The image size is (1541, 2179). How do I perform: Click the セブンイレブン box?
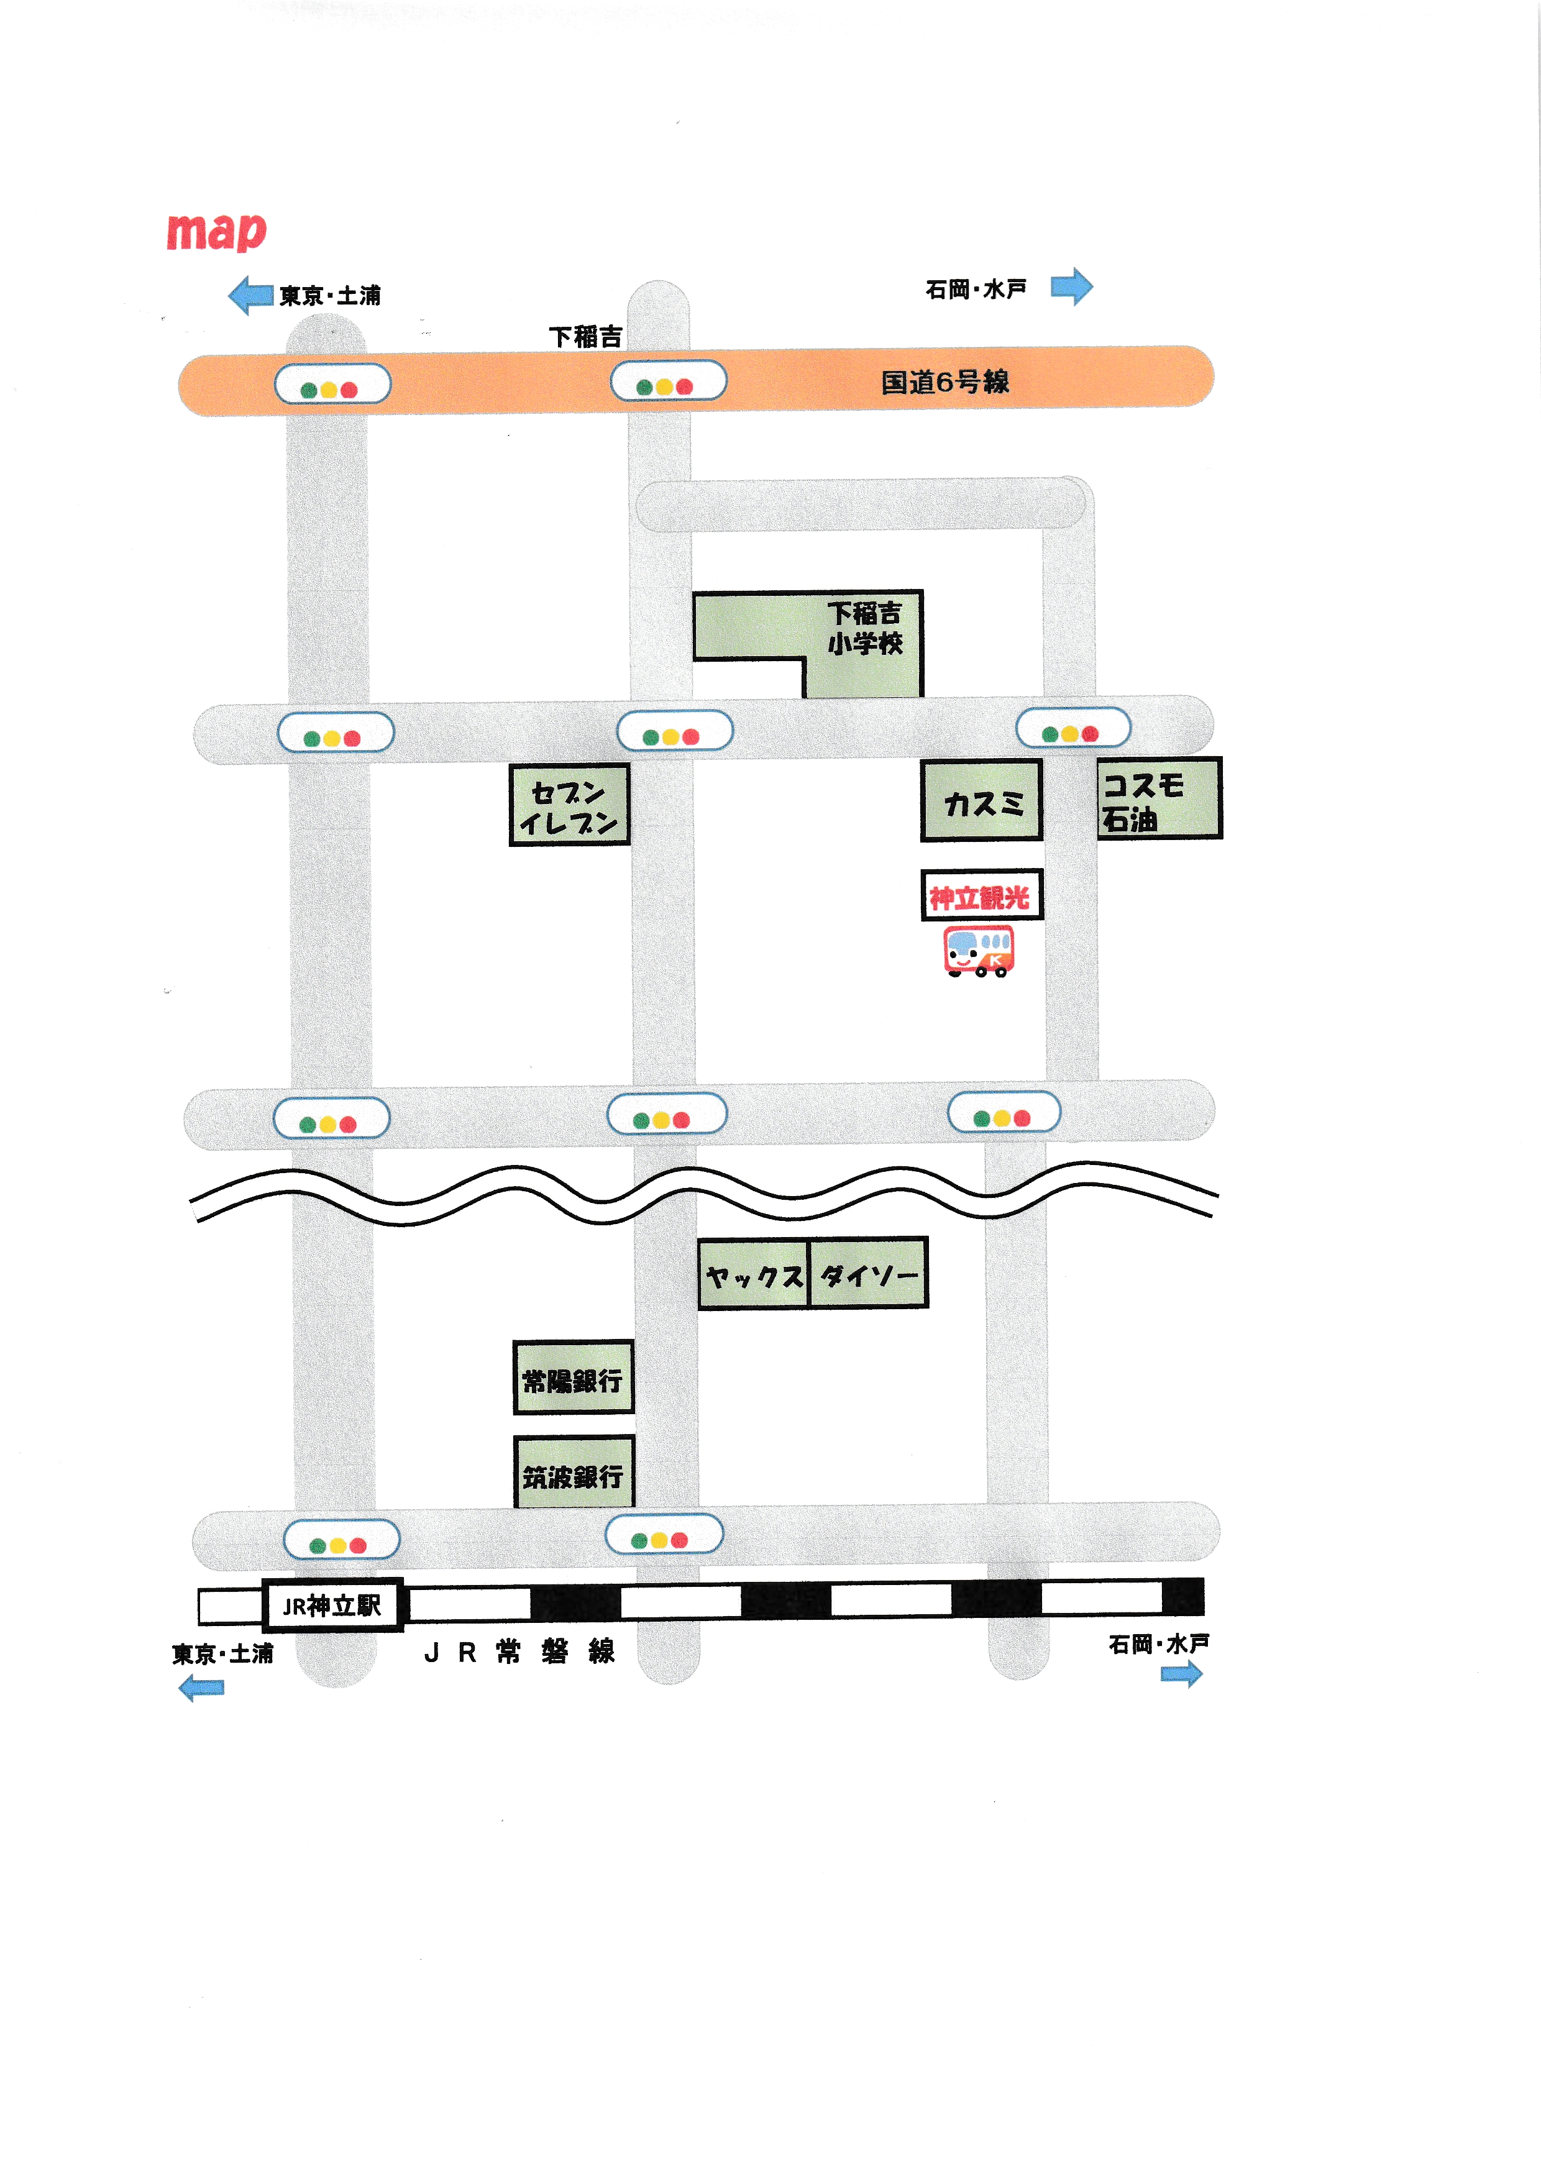[x=569, y=805]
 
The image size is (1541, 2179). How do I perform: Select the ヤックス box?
[x=754, y=1274]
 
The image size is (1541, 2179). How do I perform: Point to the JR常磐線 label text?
[x=518, y=1652]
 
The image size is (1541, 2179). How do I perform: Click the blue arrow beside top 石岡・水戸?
[x=1071, y=286]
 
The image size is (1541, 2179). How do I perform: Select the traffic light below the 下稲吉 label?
[x=668, y=381]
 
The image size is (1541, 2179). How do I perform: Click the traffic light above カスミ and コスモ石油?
[x=1072, y=729]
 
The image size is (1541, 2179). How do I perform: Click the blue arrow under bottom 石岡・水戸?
[x=1181, y=1674]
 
